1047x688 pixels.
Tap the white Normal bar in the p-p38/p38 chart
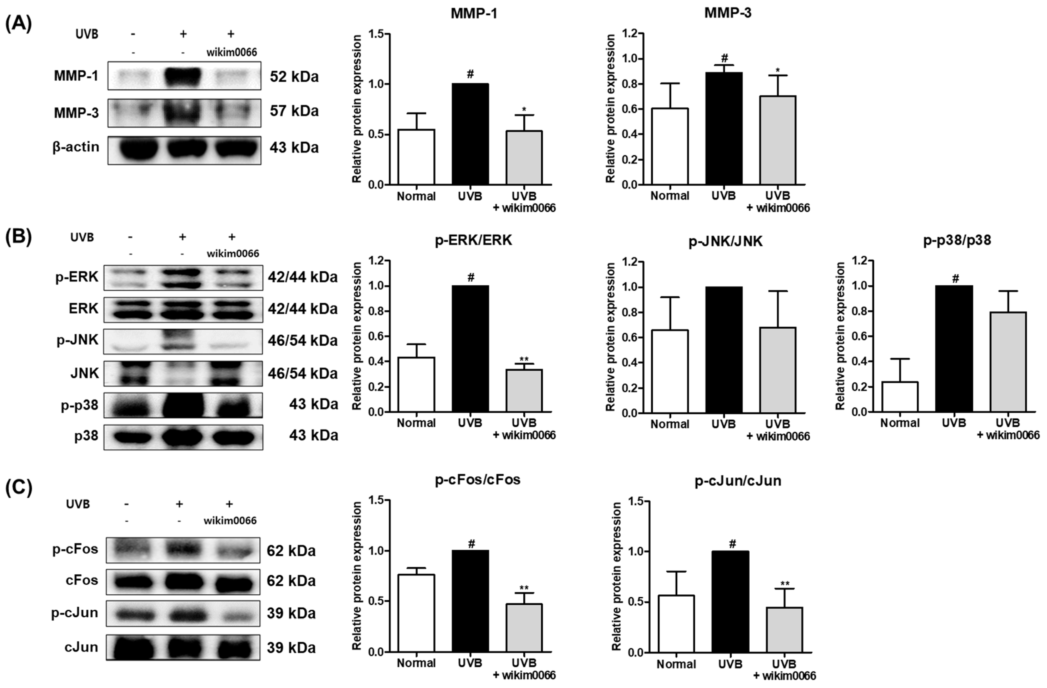click(900, 397)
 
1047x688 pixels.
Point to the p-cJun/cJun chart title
click(738, 481)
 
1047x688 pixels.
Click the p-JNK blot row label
click(78, 340)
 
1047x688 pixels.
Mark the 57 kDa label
click(294, 111)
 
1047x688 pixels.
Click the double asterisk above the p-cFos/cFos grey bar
click(524, 588)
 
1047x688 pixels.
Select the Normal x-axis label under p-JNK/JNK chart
click(670, 425)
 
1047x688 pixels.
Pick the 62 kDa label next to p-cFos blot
click(291, 551)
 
